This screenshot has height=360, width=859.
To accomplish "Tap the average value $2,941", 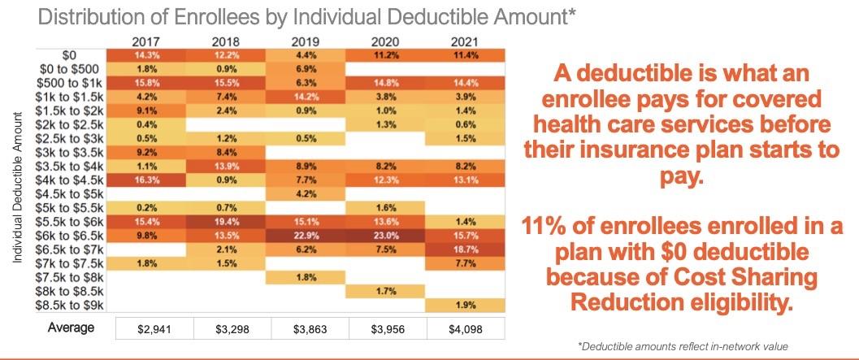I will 146,328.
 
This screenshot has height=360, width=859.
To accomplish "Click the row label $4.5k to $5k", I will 74,193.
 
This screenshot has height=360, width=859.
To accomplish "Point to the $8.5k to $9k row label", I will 74,305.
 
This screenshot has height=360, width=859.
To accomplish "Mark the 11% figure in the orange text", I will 571,228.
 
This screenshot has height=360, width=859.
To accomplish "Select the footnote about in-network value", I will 683,345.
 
